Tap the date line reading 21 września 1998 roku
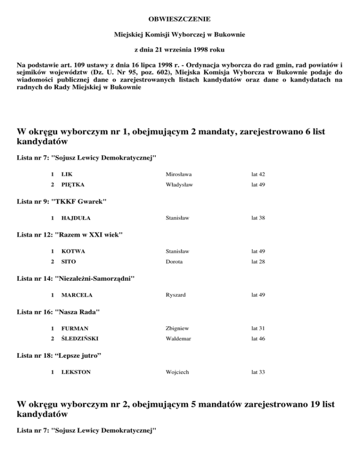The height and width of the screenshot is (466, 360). click(x=180, y=49)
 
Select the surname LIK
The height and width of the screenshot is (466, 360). click(x=67, y=174)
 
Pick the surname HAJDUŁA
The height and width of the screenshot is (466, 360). click(x=76, y=218)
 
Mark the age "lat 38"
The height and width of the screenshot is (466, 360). click(x=258, y=218)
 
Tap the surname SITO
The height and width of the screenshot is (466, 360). click(x=68, y=262)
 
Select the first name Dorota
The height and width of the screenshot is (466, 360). click(x=174, y=262)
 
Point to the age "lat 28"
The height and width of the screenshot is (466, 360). click(x=258, y=262)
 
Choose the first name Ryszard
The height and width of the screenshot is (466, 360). click(x=176, y=295)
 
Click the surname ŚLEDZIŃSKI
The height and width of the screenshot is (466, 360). click(x=80, y=338)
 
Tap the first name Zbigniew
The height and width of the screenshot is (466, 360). click(x=178, y=329)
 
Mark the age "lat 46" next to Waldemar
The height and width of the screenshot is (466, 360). click(x=258, y=338)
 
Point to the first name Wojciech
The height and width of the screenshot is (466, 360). click(x=177, y=372)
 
